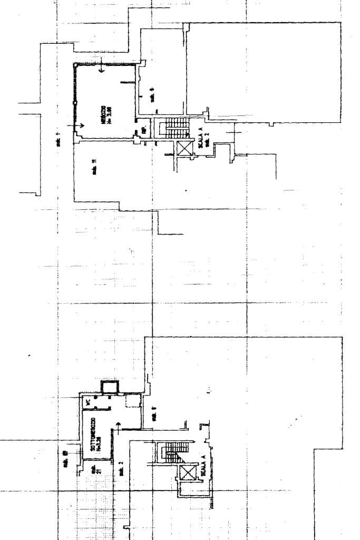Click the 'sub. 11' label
point(94,169)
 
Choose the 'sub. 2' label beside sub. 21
point(121,468)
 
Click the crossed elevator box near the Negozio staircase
point(184,148)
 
